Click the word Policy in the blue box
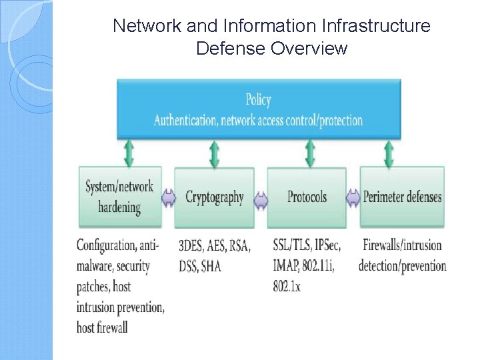coord(258,100)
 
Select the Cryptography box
coord(215,197)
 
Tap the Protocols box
coord(307,197)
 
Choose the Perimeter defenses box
coord(402,197)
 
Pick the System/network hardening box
coord(119,197)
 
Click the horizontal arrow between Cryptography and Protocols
coord(261,198)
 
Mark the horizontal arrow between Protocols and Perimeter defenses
coord(353,197)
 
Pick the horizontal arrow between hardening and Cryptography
coord(167,198)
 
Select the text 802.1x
coord(287,287)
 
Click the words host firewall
coord(102,327)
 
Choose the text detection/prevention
coord(402,266)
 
